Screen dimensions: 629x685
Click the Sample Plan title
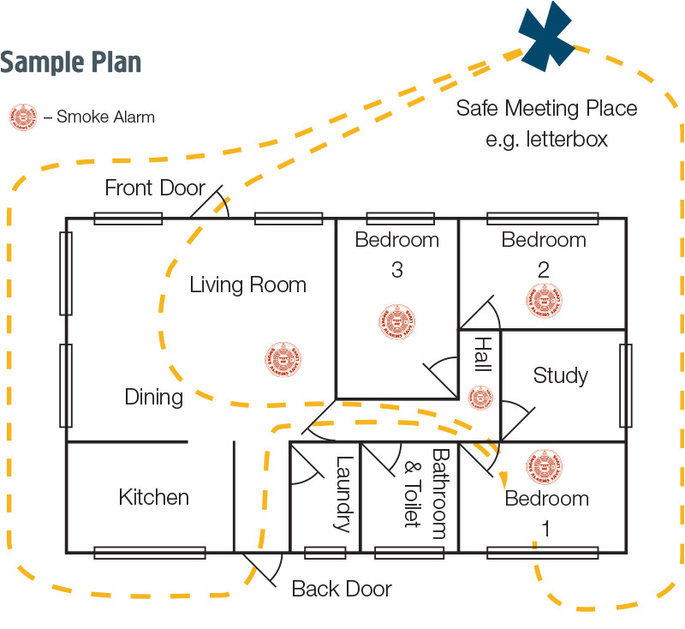click(71, 63)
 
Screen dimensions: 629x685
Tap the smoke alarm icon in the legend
click(23, 117)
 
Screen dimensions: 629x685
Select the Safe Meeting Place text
click(546, 109)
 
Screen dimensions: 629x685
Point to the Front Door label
click(155, 188)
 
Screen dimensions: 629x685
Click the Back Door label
click(342, 589)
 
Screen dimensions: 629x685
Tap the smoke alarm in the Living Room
click(283, 359)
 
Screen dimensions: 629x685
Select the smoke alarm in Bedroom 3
click(396, 321)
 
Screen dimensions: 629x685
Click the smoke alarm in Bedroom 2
click(544, 299)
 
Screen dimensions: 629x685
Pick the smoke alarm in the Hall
click(480, 397)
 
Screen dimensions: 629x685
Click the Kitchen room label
click(154, 497)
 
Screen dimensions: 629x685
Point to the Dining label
click(154, 397)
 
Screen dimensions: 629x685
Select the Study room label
click(561, 375)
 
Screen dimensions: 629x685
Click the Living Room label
click(247, 285)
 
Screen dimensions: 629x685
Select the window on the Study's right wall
click(626, 386)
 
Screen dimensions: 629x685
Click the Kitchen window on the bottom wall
click(149, 553)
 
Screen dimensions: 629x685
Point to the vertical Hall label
click(482, 355)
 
